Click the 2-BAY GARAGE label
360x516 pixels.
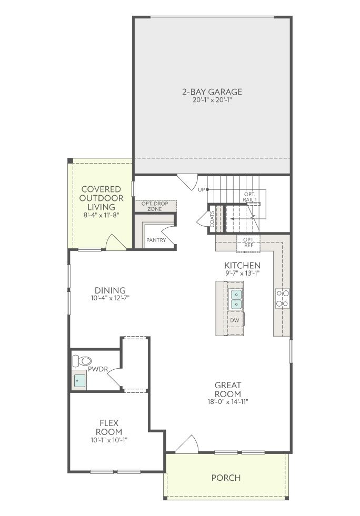pyautogui.click(x=212, y=92)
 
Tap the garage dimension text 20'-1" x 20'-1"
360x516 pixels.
pyautogui.click(x=213, y=100)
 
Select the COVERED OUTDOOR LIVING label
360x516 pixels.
pyautogui.click(x=102, y=198)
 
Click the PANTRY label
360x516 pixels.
pyautogui.click(x=156, y=240)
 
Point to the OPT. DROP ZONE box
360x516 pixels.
pyautogui.click(x=155, y=206)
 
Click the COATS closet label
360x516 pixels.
pyautogui.click(x=212, y=219)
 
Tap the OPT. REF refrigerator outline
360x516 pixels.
pyautogui.click(x=248, y=243)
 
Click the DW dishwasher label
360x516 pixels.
pyautogui.click(x=235, y=320)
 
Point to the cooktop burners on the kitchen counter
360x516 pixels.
pyautogui.click(x=283, y=298)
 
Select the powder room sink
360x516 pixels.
pyautogui.click(x=79, y=381)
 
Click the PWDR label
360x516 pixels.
pyautogui.click(x=98, y=369)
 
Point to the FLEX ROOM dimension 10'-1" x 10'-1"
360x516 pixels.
pyautogui.click(x=109, y=440)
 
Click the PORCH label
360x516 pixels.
pyautogui.click(x=226, y=478)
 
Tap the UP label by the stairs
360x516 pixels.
pyautogui.click(x=201, y=189)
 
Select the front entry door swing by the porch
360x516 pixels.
pyautogui.click(x=186, y=443)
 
